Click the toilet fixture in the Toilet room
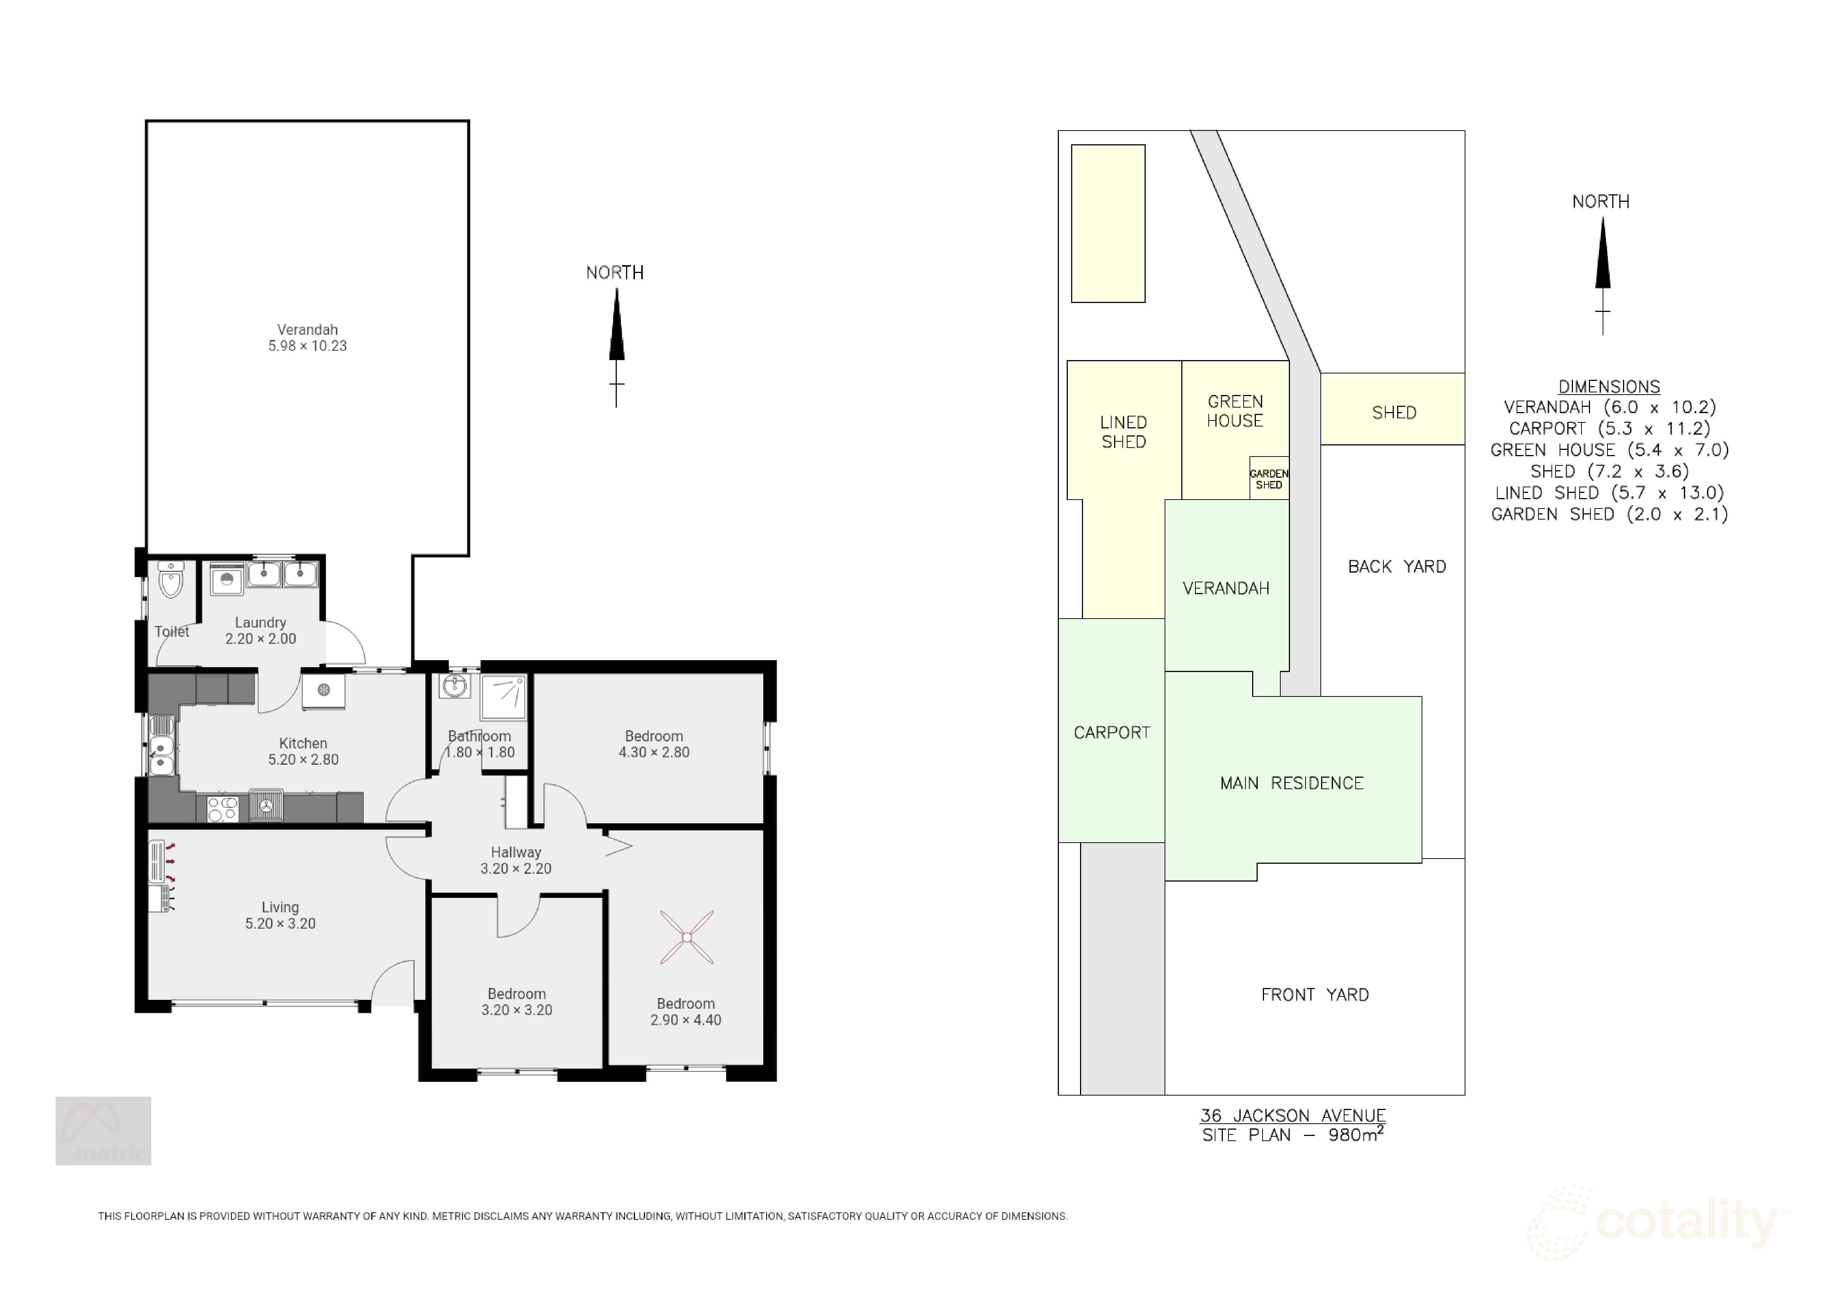171,580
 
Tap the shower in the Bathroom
503,697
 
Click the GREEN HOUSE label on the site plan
1235,411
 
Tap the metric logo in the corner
103,1130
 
